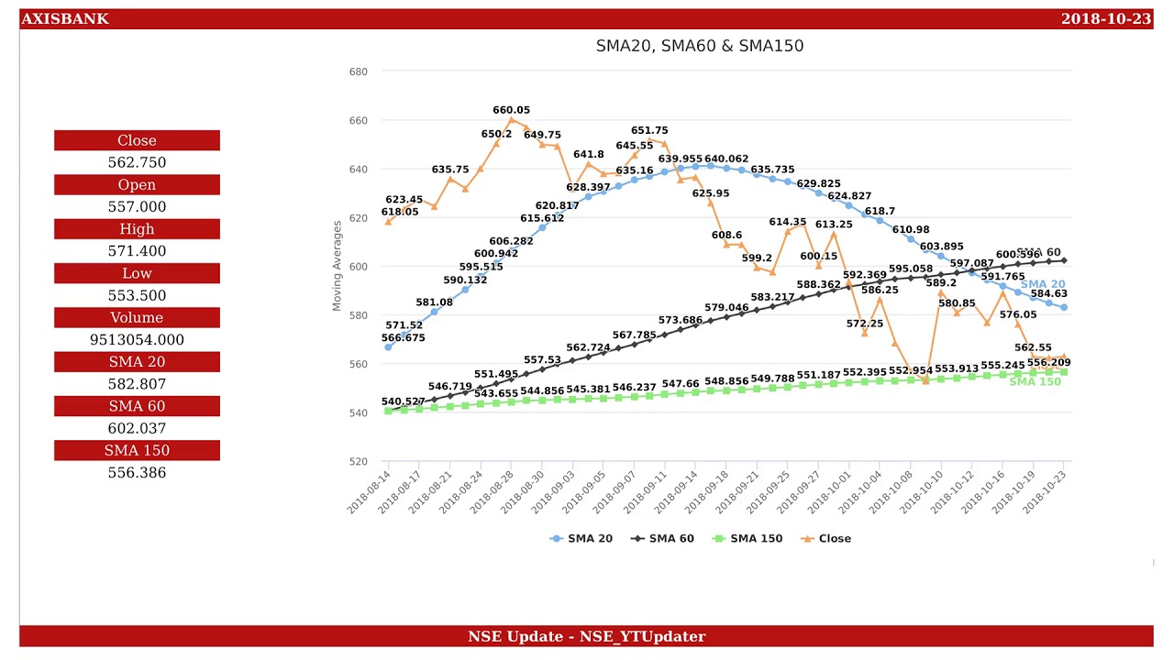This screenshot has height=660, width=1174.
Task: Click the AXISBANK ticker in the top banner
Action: pyautogui.click(x=64, y=19)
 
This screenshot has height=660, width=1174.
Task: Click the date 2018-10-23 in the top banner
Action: pyautogui.click(x=1105, y=19)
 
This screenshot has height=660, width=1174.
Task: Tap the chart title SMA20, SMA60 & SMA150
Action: pyautogui.click(x=700, y=46)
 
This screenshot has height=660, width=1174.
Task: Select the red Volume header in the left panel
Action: pyautogui.click(x=137, y=318)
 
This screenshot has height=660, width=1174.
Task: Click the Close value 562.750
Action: pyautogui.click(x=137, y=162)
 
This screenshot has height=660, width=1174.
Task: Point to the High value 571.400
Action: pyautogui.click(x=137, y=251)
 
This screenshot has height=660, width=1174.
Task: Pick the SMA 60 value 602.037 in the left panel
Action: pyautogui.click(x=137, y=428)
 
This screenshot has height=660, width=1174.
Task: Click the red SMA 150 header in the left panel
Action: pyautogui.click(x=137, y=450)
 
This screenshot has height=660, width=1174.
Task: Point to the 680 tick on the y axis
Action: pyautogui.click(x=358, y=71)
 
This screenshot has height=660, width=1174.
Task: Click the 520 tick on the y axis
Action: pyautogui.click(x=358, y=462)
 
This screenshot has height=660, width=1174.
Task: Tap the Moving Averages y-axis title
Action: pyautogui.click(x=337, y=266)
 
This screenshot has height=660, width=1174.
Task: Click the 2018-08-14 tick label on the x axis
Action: pyautogui.click(x=370, y=492)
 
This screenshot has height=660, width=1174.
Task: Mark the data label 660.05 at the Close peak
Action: pyautogui.click(x=511, y=110)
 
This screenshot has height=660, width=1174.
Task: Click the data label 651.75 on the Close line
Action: pyautogui.click(x=649, y=131)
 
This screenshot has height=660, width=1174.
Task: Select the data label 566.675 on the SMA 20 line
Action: pyautogui.click(x=404, y=338)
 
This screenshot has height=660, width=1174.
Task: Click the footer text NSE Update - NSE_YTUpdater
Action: pyautogui.click(x=586, y=636)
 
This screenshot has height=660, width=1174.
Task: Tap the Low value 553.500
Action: pyautogui.click(x=137, y=295)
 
